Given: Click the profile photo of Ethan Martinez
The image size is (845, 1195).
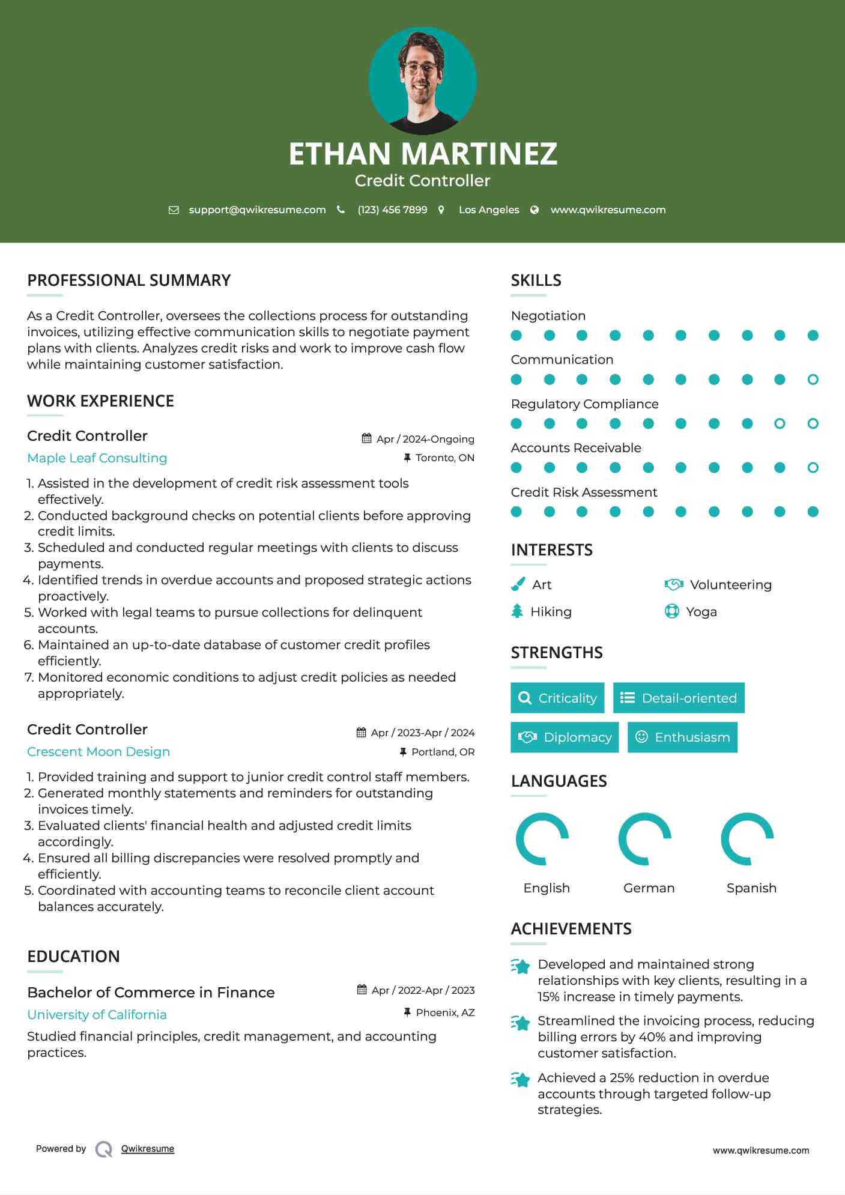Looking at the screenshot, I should (422, 80).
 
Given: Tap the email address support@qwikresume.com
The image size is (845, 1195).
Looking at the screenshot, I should (257, 210).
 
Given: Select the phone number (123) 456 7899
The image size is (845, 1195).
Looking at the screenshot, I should (392, 210).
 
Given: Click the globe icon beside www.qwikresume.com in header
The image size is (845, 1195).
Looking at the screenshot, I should (535, 210).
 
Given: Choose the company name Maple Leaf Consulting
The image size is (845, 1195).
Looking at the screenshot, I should (97, 458).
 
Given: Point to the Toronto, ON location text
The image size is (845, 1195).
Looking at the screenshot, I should (444, 458).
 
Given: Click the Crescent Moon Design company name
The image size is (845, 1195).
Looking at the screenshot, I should (98, 752).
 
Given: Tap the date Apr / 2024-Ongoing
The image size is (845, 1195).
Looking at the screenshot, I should (425, 439).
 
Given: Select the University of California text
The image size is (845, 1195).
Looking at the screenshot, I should (97, 1015).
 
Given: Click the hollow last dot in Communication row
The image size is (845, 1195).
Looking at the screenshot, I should (813, 380).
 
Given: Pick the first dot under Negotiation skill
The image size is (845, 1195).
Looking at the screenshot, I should (516, 336).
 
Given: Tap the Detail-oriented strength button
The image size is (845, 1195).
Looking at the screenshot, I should (679, 698).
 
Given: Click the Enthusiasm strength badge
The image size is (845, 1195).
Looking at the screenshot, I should (682, 737).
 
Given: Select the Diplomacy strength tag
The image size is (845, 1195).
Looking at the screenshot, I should (565, 737).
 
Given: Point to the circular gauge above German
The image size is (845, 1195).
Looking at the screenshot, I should (644, 839).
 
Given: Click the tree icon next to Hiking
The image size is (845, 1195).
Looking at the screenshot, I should (517, 611).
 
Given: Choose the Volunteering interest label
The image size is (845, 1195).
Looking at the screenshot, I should (730, 585).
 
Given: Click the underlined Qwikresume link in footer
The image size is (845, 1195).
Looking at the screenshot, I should (148, 1149).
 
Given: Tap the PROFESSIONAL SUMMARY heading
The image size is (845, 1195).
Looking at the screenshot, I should (129, 280).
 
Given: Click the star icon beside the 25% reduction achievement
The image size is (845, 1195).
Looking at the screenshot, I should (521, 1080).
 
